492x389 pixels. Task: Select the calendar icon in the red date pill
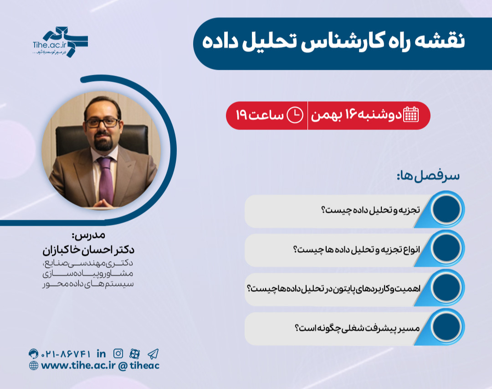pos(411,115)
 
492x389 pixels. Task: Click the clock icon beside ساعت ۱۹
pos(294,115)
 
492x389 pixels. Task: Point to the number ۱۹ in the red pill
pos(241,115)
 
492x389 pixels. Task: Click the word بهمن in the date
pos(326,115)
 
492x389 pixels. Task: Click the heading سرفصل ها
pos(428,176)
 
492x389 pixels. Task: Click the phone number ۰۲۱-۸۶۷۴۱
pos(67,353)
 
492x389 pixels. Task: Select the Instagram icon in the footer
pos(118,353)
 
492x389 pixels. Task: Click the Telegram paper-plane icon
pos(153,353)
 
